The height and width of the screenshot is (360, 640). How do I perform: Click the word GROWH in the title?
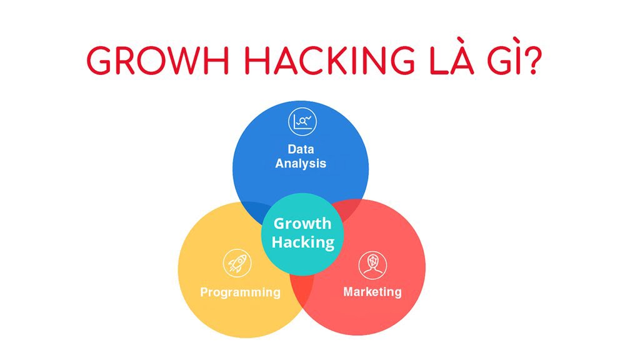click(158, 61)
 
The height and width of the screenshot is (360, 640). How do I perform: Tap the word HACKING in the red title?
click(329, 61)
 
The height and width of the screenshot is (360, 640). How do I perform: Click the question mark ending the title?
click(532, 61)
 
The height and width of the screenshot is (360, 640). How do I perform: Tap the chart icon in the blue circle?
click(302, 122)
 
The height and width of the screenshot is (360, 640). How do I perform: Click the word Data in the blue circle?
click(301, 149)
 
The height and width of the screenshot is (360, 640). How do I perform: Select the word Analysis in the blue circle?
click(301, 163)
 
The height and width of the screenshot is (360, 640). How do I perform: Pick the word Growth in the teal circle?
click(302, 224)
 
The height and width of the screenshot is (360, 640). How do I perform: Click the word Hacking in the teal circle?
click(303, 242)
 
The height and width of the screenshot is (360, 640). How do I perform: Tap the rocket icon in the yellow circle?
click(237, 263)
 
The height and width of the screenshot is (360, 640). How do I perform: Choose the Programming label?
click(240, 292)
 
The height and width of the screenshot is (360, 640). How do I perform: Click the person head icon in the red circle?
click(372, 265)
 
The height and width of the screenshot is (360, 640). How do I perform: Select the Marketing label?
click(372, 292)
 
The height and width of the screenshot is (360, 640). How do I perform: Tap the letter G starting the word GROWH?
click(99, 61)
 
